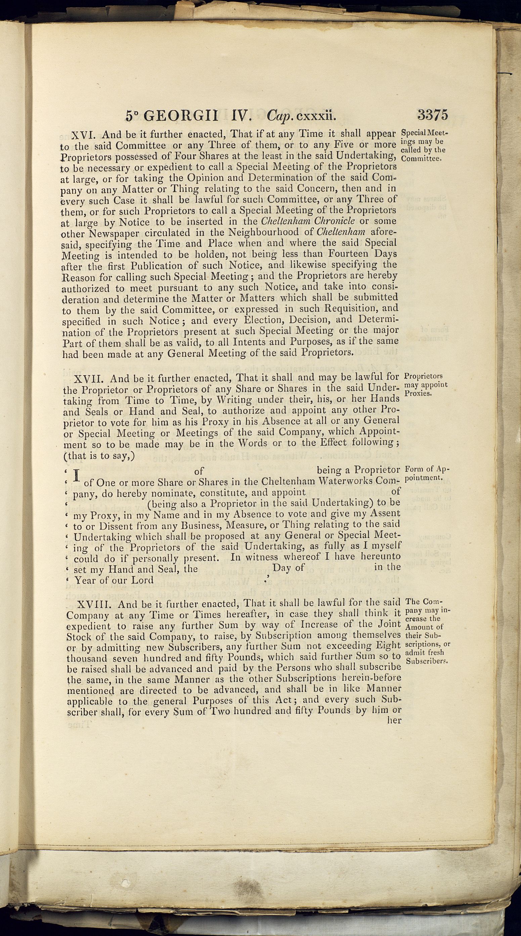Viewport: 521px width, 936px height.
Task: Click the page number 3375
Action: (x=433, y=115)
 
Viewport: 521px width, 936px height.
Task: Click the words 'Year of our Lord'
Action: (x=114, y=580)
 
